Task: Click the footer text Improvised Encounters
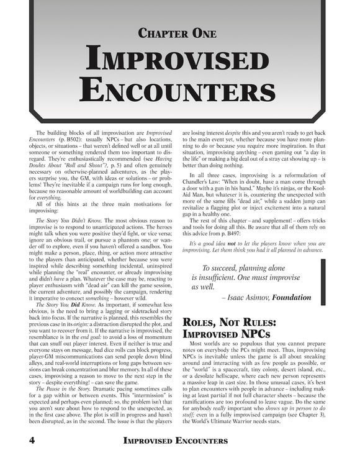coord(180,441)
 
